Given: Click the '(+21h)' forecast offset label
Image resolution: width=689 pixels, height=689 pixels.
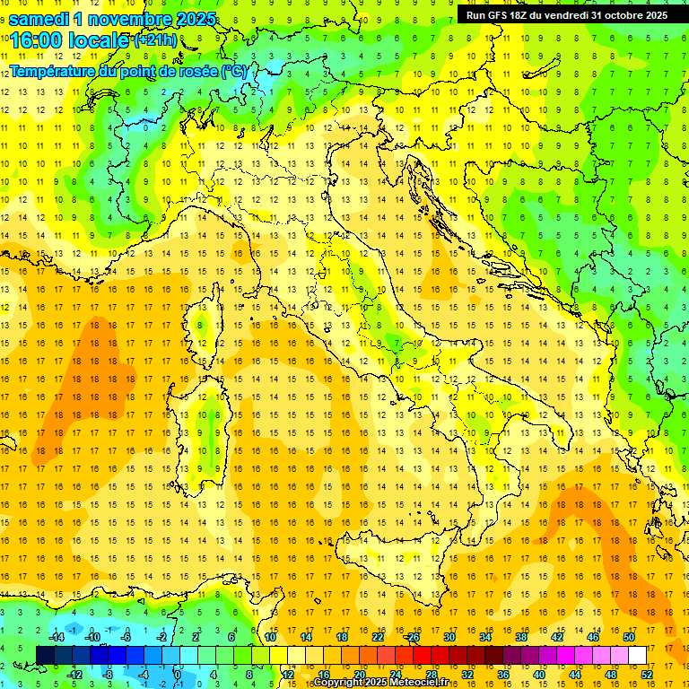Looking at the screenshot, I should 156,40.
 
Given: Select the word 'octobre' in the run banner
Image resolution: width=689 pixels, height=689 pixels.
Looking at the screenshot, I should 615,15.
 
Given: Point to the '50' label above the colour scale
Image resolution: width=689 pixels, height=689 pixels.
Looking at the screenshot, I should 630,636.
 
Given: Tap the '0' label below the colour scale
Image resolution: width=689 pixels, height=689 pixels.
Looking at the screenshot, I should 177,675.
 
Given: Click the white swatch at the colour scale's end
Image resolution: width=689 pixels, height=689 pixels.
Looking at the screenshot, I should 638,655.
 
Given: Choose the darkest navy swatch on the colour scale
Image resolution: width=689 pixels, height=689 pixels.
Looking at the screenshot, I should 46,655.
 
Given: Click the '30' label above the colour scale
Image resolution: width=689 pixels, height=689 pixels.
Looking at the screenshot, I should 449,636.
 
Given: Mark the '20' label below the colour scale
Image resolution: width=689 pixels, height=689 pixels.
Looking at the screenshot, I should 360,675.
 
